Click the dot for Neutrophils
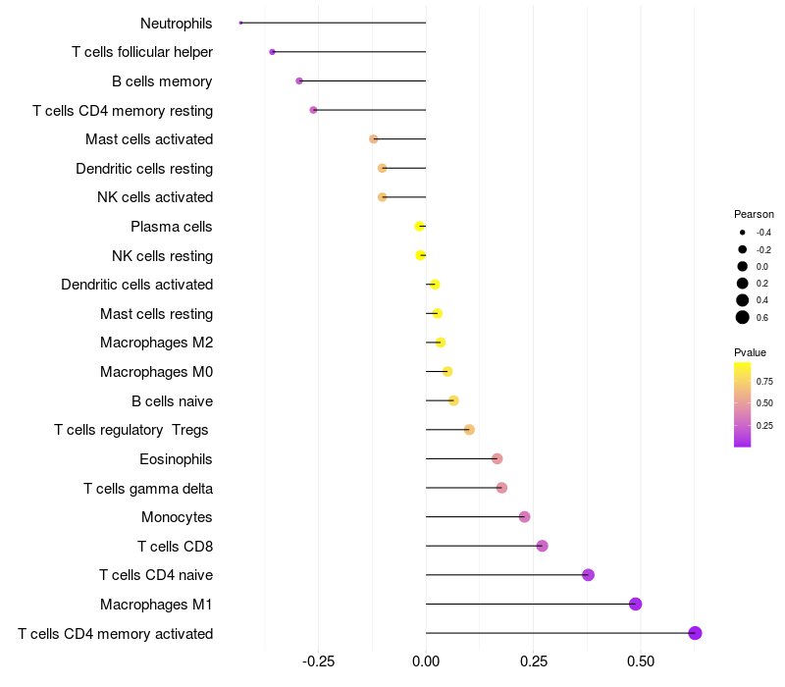tap(240, 23)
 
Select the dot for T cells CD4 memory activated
tap(695, 633)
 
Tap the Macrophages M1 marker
tap(635, 604)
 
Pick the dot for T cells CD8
tap(542, 546)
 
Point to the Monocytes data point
tap(524, 517)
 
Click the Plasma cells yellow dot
tap(420, 227)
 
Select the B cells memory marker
tap(299, 81)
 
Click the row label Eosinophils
tap(177, 459)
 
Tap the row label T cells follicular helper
tap(142, 52)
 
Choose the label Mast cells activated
tap(149, 139)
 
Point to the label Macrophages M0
tap(156, 372)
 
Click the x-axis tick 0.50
tap(640, 662)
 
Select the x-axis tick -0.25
tap(318, 662)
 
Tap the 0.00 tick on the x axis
tap(426, 662)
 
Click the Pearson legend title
tap(754, 214)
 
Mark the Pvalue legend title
tap(750, 352)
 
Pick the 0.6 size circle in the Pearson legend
tap(743, 317)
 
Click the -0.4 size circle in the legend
tap(743, 233)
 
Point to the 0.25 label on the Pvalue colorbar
tap(764, 426)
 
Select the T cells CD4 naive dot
tap(588, 575)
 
